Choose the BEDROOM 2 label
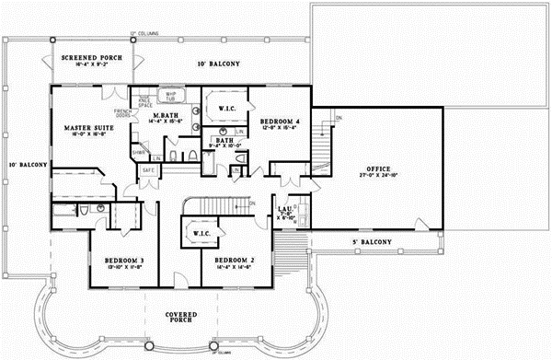[234, 261]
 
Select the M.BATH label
[177, 115]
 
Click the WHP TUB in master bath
[169, 97]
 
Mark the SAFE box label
[147, 171]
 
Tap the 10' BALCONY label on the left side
[22, 165]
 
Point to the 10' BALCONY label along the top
[219, 64]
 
